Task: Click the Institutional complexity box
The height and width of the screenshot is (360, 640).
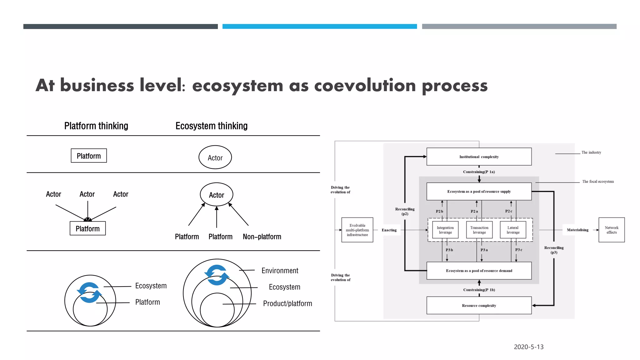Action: (479, 157)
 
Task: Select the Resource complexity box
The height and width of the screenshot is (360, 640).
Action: (479, 305)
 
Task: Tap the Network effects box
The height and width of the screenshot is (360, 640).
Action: (611, 230)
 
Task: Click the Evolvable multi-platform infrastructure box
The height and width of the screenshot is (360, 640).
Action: (357, 230)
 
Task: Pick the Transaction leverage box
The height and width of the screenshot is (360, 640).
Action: (479, 230)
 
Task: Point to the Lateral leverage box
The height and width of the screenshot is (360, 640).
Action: (513, 230)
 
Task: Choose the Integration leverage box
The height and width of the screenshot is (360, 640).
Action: (445, 230)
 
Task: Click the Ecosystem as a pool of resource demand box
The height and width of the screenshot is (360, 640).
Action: (479, 271)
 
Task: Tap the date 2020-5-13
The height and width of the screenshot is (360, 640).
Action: (528, 347)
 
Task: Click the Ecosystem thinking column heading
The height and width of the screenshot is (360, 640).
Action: (211, 126)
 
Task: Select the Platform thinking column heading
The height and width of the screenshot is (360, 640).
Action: (96, 126)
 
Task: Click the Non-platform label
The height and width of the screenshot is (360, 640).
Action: (262, 237)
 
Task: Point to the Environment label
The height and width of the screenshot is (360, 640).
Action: (280, 271)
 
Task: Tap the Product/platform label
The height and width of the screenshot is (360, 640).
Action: (287, 303)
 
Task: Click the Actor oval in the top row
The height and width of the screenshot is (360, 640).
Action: (215, 157)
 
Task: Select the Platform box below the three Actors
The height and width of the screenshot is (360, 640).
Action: (87, 228)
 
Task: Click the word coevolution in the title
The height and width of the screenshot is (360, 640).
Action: (365, 85)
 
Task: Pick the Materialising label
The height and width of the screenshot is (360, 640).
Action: (577, 230)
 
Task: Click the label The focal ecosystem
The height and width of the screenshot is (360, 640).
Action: (597, 182)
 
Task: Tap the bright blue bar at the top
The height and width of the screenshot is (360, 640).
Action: (319, 27)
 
